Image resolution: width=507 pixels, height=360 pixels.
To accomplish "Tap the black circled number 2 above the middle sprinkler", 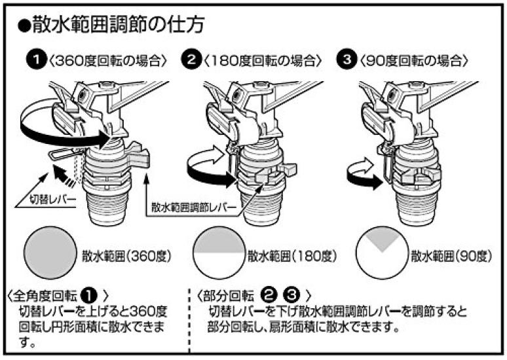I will pos(191,61).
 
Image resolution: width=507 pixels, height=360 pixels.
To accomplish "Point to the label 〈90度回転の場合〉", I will pos(413,61).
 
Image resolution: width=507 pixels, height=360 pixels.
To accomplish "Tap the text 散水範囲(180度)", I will pos(292,256).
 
